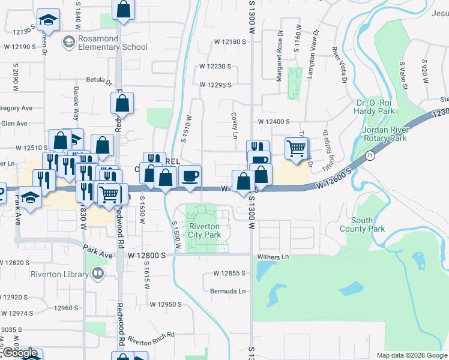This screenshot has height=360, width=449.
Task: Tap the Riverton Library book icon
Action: [97, 274]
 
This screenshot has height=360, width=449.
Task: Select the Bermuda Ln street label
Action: [228, 291]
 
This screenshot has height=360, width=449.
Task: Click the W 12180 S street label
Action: [231, 42]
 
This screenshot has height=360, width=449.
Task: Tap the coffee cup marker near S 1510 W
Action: [190, 176]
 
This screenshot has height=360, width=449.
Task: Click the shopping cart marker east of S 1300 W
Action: [296, 148]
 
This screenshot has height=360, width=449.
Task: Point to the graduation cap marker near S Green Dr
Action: [47, 20]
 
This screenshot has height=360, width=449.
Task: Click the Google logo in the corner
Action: [20, 353]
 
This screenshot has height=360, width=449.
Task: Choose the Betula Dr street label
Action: [99, 79]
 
